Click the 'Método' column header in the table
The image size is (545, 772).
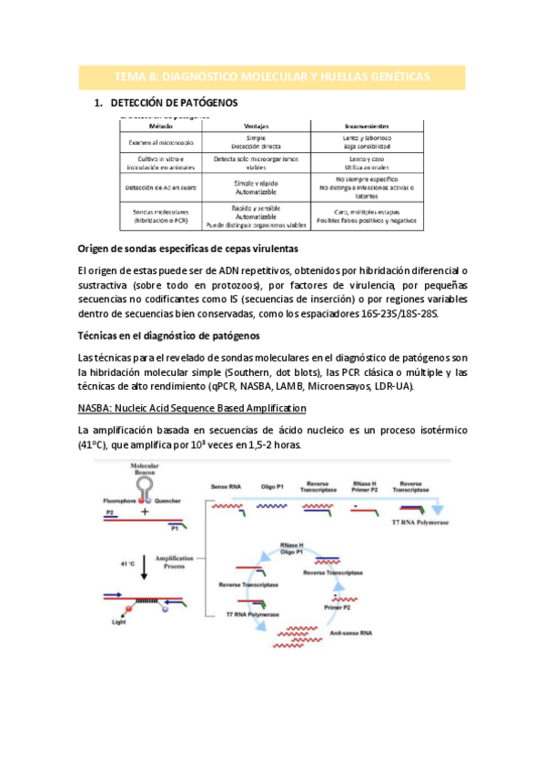pos(160,127)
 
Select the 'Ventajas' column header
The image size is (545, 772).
pos(261,127)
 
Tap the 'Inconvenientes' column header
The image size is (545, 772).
pos(366,127)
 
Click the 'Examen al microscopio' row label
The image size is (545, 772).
pos(160,142)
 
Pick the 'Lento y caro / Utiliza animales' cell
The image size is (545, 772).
pos(365,163)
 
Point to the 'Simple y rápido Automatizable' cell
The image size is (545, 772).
pos(261,188)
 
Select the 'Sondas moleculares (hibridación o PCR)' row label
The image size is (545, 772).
pos(160,216)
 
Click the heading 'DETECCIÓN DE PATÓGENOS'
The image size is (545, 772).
pos(173,103)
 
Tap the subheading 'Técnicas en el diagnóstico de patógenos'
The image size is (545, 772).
pos(168,335)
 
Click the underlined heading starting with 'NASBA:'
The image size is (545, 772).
pos(192,408)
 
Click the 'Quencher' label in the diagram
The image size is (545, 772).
pos(172,501)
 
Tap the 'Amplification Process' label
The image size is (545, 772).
pos(173,561)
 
